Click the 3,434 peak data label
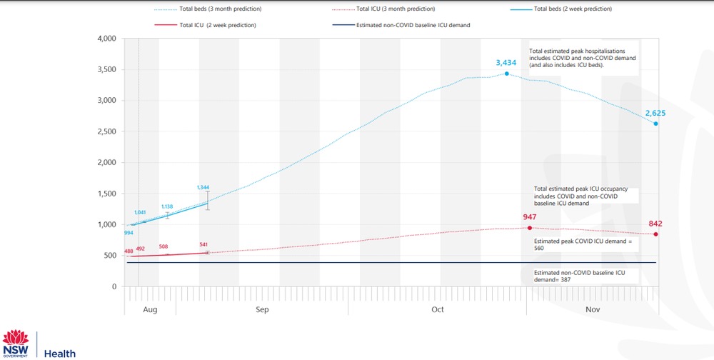pos(506,63)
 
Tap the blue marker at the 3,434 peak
pos(506,74)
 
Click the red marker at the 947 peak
pos(529,228)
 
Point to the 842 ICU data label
pos(655,224)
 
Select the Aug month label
pos(150,310)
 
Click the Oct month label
pos(438,310)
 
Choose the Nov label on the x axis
pos(593,310)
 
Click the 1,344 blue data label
pos(203,187)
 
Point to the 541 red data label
pos(203,245)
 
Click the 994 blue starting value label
pos(129,233)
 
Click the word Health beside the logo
pos(60,354)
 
